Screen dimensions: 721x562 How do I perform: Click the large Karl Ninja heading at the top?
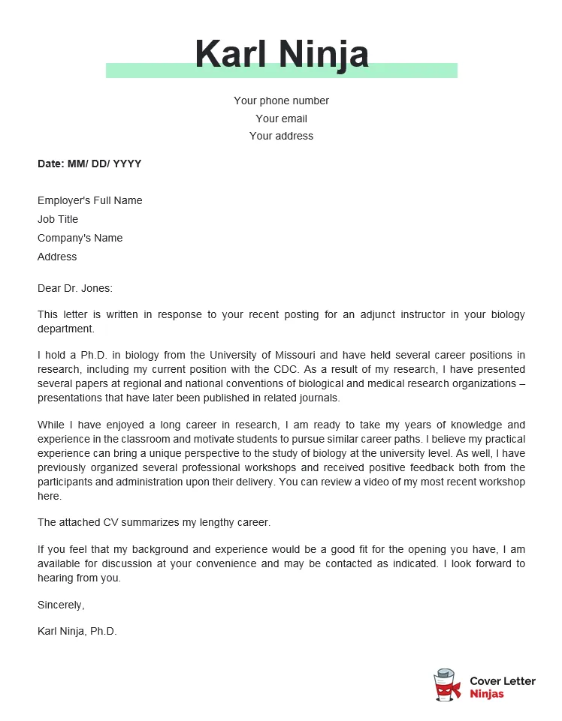(x=282, y=54)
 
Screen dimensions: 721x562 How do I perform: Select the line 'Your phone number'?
(x=281, y=101)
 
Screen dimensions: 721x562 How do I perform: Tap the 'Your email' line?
(x=281, y=119)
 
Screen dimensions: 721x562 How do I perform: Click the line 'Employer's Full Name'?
(x=89, y=200)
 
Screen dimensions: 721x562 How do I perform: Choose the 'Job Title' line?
(x=58, y=219)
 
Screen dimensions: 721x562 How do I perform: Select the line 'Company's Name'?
(x=80, y=238)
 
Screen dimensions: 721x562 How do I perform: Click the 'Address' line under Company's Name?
(x=57, y=257)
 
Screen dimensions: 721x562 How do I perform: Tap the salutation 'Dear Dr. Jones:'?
(x=74, y=287)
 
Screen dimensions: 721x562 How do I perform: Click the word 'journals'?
(x=319, y=398)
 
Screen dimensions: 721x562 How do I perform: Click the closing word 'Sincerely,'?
(x=61, y=605)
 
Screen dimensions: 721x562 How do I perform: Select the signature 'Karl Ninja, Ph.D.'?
(x=77, y=631)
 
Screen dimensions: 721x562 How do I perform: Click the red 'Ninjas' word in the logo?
(x=487, y=694)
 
